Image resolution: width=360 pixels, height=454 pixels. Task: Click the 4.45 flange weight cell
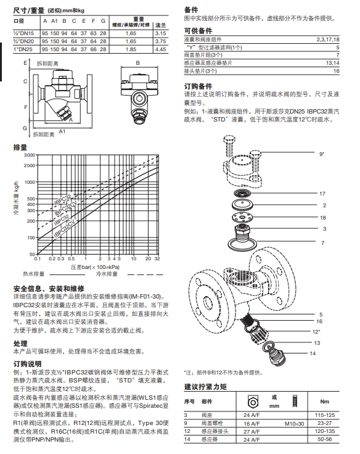(x=162, y=48)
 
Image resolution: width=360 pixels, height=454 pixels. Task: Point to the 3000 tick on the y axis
(x=30, y=155)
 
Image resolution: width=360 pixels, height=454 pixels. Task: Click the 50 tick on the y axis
(x=32, y=253)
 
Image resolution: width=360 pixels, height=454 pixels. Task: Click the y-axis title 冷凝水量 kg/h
(x=18, y=204)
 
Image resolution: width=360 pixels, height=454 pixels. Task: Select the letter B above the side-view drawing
(x=137, y=64)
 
